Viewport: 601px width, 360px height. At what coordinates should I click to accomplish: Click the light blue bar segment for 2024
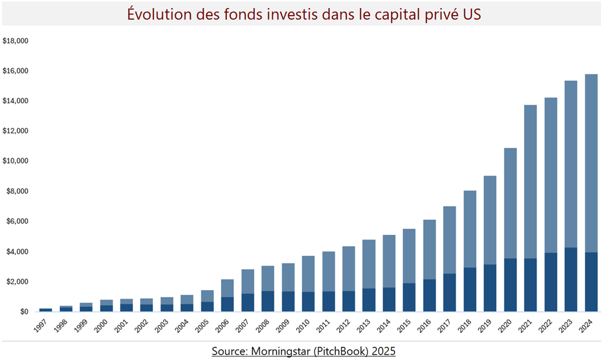coord(591,163)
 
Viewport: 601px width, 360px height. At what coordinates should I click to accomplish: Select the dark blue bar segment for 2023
coord(571,279)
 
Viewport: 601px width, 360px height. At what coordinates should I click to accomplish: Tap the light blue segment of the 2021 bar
coord(531,182)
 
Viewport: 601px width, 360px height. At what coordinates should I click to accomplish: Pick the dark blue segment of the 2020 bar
coord(510,285)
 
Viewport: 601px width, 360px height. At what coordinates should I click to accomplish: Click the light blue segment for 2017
coord(450,240)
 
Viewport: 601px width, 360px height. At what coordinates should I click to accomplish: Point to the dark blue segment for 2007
coord(248,303)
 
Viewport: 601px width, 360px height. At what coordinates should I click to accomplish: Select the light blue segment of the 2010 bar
coord(308,274)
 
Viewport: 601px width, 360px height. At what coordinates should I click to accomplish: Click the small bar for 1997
coord(45,310)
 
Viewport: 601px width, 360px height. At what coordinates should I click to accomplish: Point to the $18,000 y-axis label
coord(16,41)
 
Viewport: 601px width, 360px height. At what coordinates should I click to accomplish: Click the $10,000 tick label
coord(16,161)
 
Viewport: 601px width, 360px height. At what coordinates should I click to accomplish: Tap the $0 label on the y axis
coord(24,312)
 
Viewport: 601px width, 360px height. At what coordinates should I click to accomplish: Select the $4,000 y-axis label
coord(17,252)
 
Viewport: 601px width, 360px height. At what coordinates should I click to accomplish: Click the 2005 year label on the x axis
coord(202,326)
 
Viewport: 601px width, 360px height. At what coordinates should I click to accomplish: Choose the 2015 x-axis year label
coord(404,326)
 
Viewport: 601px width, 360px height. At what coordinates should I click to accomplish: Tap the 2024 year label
coord(585,326)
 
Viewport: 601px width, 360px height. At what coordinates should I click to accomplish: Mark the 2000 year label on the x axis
coord(101,326)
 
